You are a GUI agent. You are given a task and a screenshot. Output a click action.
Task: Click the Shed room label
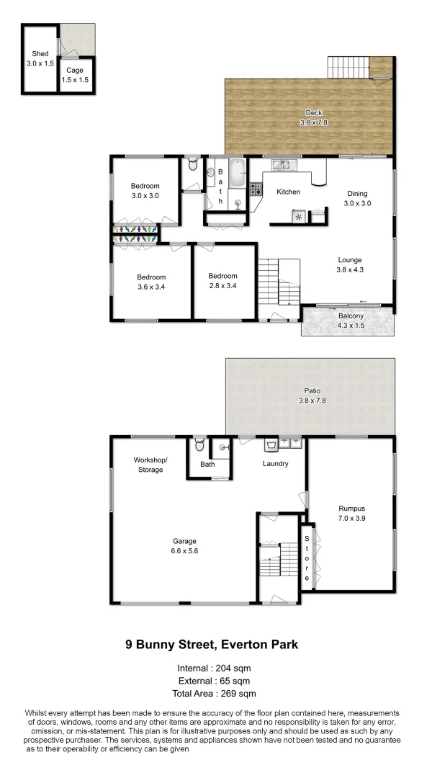39,54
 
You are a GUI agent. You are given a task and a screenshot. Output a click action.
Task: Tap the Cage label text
75,70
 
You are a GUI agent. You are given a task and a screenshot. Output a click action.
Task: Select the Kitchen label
288,192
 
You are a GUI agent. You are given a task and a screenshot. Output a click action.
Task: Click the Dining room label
357,193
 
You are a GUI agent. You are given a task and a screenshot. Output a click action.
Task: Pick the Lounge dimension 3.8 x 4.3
351,270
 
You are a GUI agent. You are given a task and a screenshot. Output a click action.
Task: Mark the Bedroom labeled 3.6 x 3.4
151,287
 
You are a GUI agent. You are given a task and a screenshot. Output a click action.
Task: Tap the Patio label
312,390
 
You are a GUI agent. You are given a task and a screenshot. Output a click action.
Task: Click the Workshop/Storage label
150,465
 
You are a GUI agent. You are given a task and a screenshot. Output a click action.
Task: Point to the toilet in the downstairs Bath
199,445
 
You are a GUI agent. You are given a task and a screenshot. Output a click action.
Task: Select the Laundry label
276,464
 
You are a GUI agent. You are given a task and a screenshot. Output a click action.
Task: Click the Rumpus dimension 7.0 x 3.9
351,518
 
